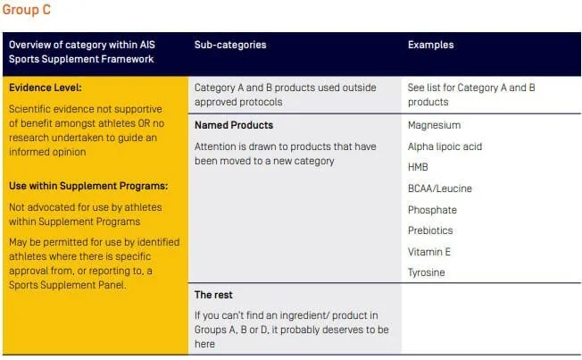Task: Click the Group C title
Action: (x=27, y=10)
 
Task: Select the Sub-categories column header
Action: (x=230, y=45)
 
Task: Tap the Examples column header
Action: (x=430, y=45)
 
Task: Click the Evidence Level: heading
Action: (x=46, y=88)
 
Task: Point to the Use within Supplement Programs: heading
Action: (x=88, y=186)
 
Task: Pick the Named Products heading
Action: (x=234, y=125)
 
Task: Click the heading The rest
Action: (x=213, y=295)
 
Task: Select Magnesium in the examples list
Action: (x=435, y=126)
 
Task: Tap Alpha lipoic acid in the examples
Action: (x=445, y=147)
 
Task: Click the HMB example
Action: (x=418, y=167)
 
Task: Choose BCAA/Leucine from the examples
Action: (x=440, y=188)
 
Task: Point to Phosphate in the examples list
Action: (x=432, y=210)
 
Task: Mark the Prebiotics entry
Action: (x=430, y=230)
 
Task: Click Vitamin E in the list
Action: (x=429, y=252)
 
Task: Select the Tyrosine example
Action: (x=426, y=272)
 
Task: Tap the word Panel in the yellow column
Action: (x=113, y=285)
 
